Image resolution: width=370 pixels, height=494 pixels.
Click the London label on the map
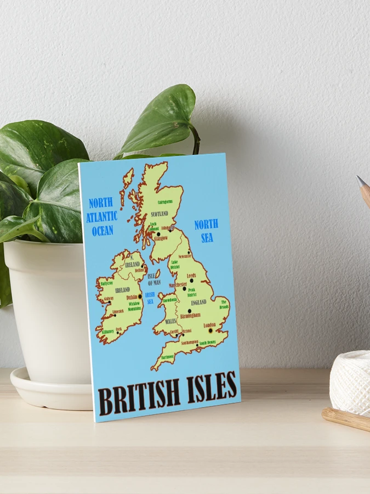[x=209, y=325]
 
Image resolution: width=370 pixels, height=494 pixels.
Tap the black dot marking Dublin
[x=140, y=296]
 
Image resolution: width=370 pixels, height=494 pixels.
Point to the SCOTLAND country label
[x=160, y=214]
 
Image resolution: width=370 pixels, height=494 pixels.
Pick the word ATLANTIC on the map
[x=101, y=216]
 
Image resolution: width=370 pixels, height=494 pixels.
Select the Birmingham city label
[x=190, y=315]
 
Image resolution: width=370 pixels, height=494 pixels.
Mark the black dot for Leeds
[x=191, y=280]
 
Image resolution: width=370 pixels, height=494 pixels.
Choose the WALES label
[x=171, y=321]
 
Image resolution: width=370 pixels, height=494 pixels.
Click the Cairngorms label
[x=165, y=201]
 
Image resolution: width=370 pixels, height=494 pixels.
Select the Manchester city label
[x=178, y=285]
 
